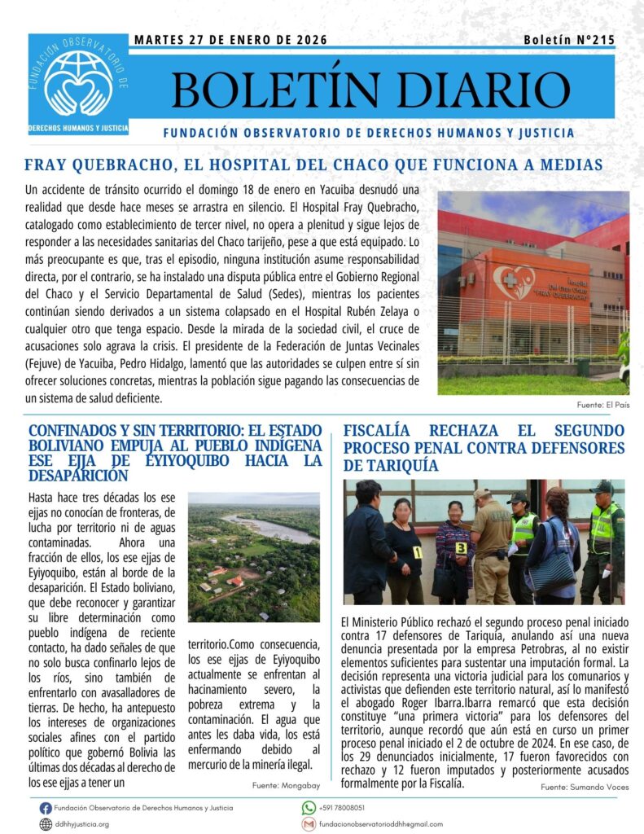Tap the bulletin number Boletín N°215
[568, 40]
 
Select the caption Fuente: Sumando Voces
[585, 787]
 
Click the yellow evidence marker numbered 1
[418, 552]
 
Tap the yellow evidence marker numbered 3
[461, 547]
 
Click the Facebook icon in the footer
[46, 808]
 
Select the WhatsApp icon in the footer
[309, 808]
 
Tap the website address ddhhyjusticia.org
[82, 824]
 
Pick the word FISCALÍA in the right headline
[383, 431]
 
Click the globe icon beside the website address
[46, 824]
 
